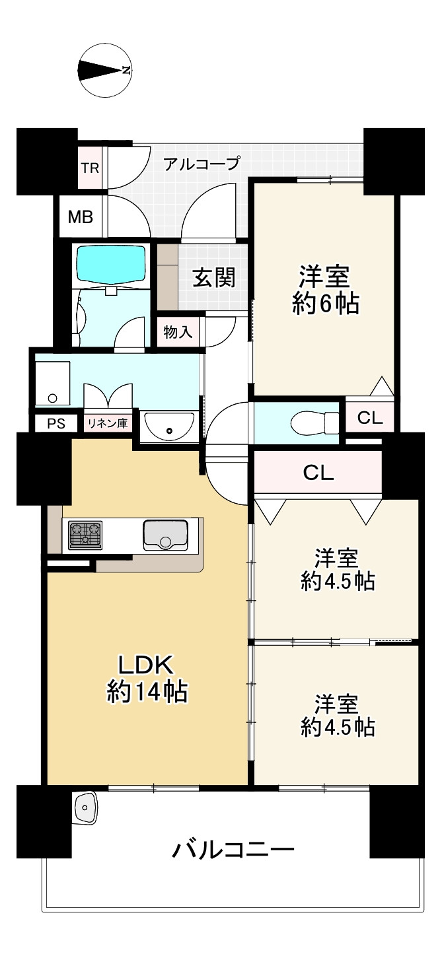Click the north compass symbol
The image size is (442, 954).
click(104, 70)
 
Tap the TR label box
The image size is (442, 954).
click(90, 168)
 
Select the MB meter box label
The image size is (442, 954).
click(81, 217)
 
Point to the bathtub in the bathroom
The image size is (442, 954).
click(111, 265)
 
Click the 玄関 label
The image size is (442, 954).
click(213, 278)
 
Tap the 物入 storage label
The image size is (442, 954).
click(178, 332)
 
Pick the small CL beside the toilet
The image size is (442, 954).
click(369, 418)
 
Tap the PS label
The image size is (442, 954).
click(56, 424)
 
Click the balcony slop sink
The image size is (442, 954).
click(85, 806)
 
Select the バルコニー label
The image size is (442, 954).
click(233, 850)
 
